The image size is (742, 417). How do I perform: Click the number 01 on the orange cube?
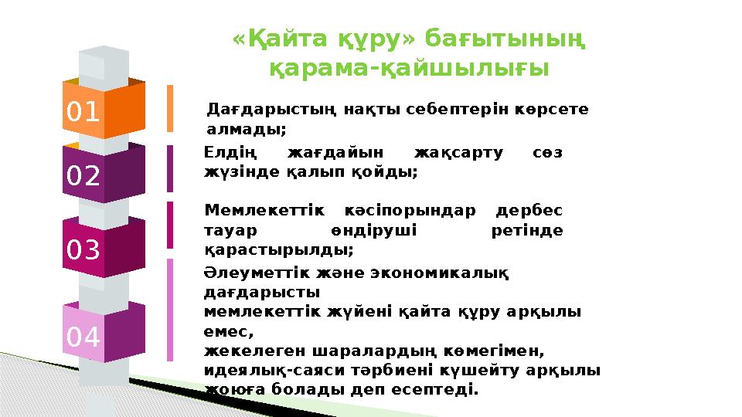83,113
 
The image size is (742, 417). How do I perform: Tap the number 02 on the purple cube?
83,177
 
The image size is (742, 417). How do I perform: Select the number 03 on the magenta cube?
83,250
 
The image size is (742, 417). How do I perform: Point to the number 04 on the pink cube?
83,337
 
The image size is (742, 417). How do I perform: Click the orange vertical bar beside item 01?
170,108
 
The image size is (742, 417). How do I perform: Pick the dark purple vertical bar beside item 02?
170,168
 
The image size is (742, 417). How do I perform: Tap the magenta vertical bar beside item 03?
170,225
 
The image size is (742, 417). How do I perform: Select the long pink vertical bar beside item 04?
170,310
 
